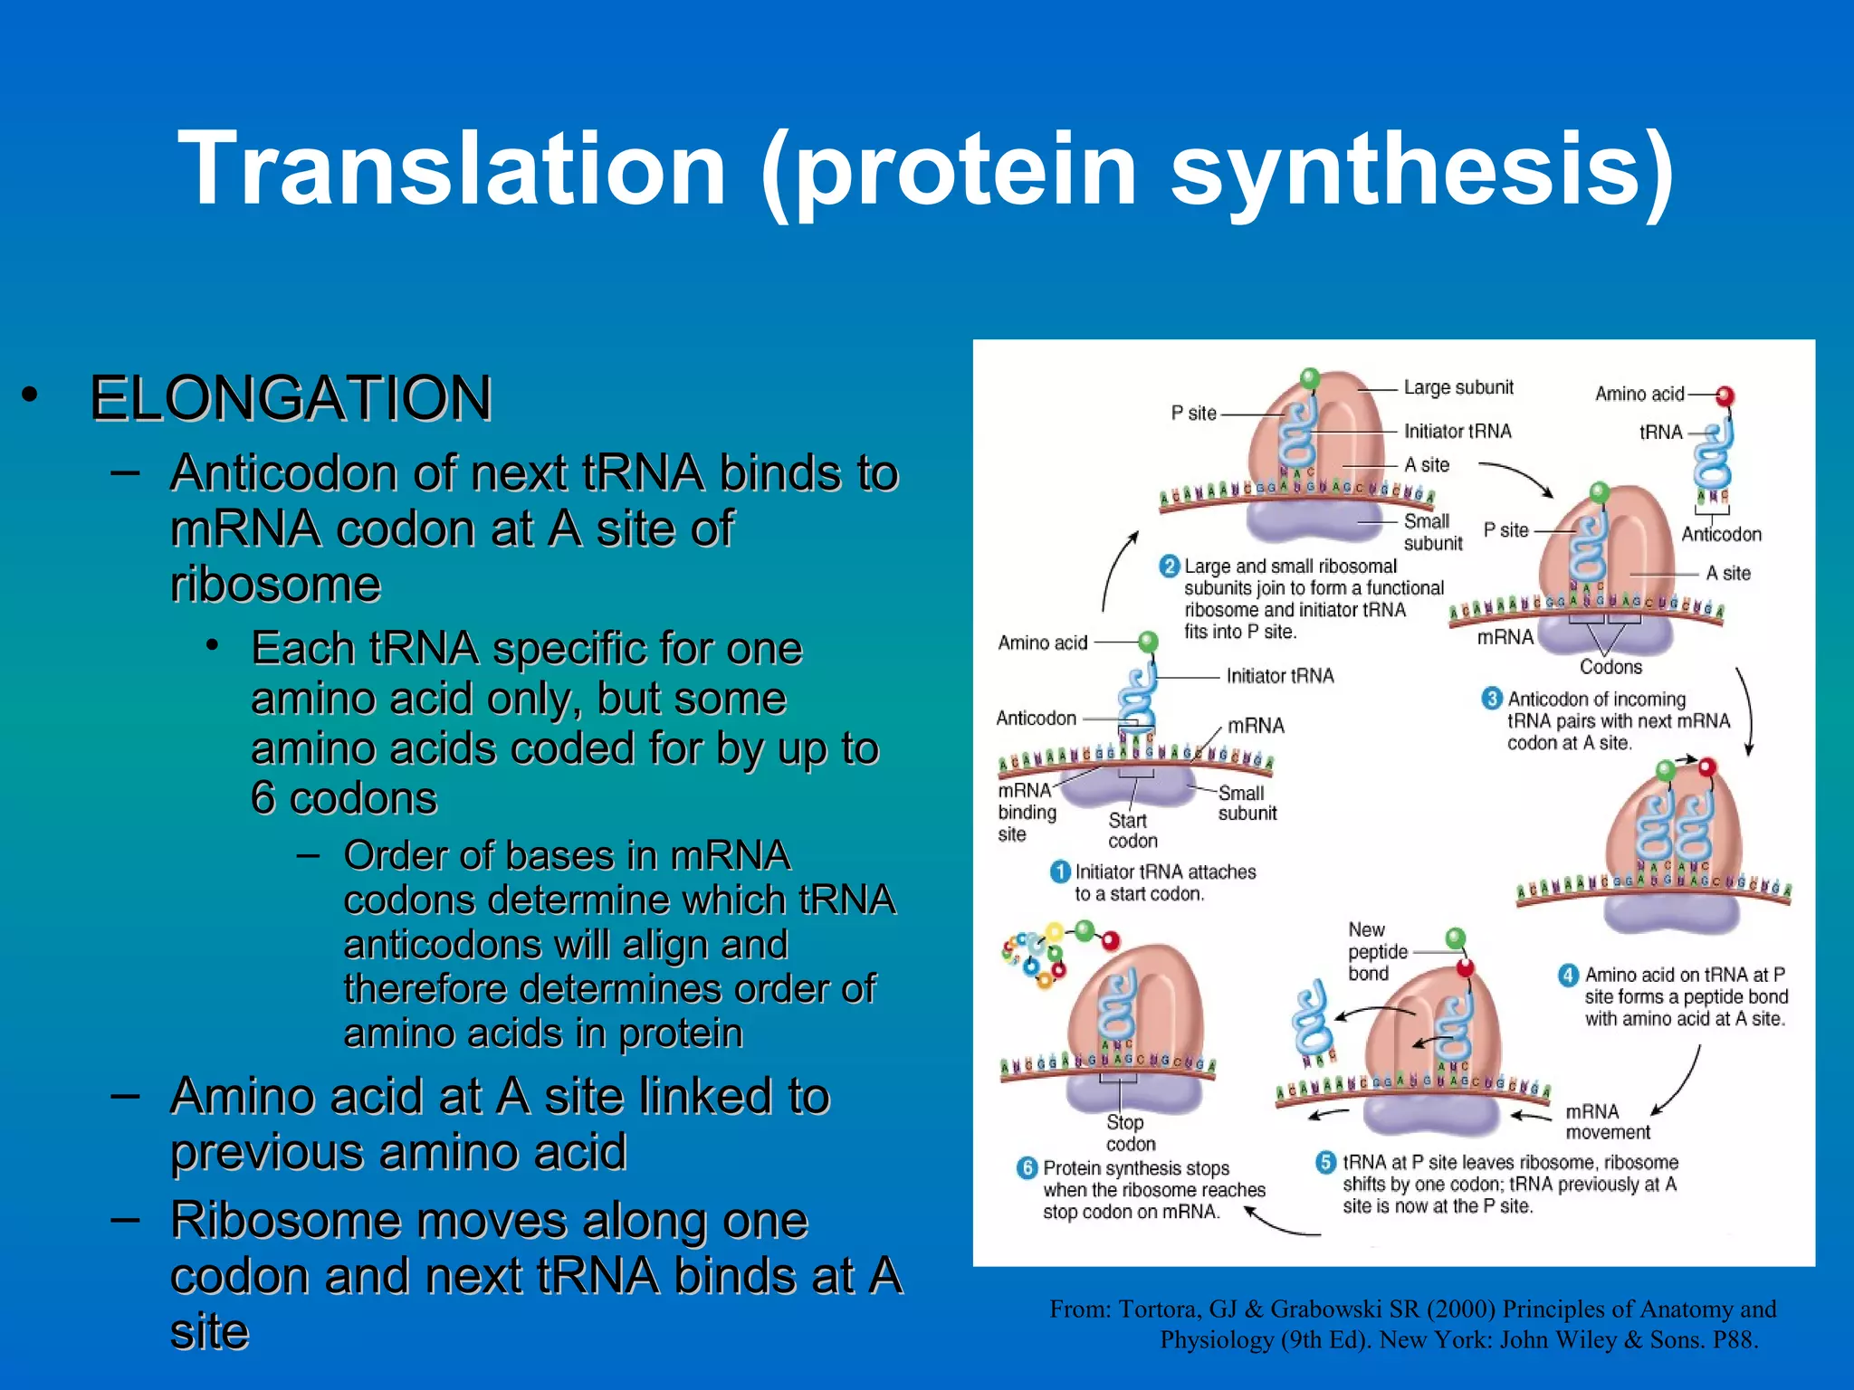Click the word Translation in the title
pos(453,169)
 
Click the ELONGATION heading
pos(291,398)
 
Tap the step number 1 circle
pos(1059,871)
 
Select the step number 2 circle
pos(1169,566)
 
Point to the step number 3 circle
pos(1492,699)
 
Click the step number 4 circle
pos(1568,975)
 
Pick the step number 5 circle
pos(1326,1162)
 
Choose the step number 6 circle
pos(1027,1168)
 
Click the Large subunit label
pos(1457,387)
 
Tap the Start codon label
pos(1132,831)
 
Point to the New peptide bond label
pos(1377,952)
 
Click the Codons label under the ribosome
pos(1610,667)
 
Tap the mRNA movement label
pos(1607,1122)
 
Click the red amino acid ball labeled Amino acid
pos(1725,395)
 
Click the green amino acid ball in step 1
pos(1148,642)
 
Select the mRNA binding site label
pos(1027,812)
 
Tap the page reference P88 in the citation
pos(1733,1340)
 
